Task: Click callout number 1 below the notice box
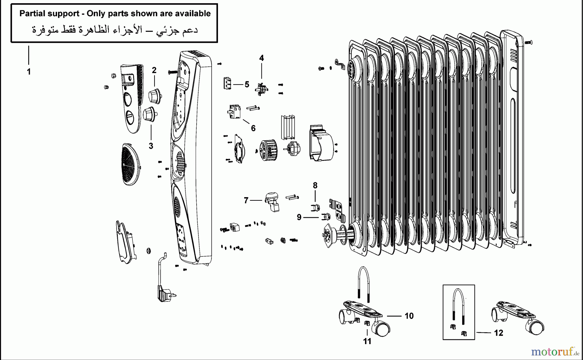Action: point(29,72)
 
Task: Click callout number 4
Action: point(261,58)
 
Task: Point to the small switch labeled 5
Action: point(227,83)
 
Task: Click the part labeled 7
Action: point(272,201)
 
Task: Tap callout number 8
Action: point(315,186)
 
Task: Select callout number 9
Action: point(299,217)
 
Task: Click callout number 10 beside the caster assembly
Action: point(409,316)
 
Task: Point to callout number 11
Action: point(367,341)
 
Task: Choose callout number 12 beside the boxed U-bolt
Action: point(498,333)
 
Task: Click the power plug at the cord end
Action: point(165,294)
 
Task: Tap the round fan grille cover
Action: point(130,164)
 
